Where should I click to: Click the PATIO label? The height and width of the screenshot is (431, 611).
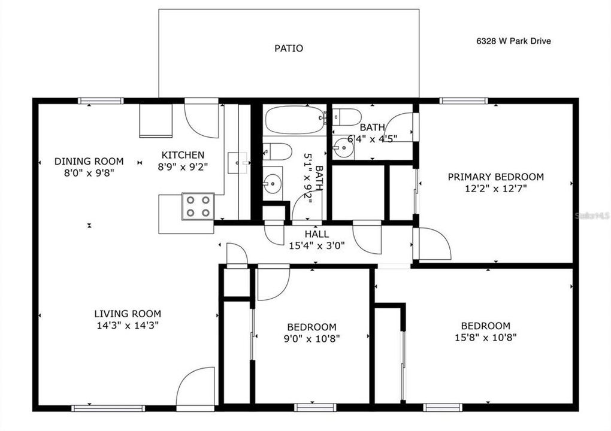pos(289,48)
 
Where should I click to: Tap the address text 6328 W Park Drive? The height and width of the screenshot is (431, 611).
pos(513,41)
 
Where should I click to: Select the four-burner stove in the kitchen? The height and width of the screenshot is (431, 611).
pos(198,206)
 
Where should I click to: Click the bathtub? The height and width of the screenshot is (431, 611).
pos(294,120)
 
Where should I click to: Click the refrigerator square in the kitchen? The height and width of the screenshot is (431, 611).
pos(156,120)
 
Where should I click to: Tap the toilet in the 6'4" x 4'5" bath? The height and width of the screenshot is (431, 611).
pos(347,116)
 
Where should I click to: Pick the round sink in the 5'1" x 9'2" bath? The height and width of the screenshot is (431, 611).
pos(273,181)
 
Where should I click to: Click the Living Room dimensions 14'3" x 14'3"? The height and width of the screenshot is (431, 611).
pos(128,325)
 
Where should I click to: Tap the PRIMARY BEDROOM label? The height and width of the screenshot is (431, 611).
pos(496,177)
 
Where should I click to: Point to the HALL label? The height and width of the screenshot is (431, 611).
pos(316,234)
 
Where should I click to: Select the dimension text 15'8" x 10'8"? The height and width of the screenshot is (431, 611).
pos(485,336)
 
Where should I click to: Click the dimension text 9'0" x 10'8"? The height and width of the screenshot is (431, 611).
pos(311,338)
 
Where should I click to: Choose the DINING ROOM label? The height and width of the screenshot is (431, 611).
pos(89,161)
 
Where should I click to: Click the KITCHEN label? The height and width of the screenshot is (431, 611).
pos(182,155)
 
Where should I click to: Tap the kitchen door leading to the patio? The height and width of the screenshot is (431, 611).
pos(202,120)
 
